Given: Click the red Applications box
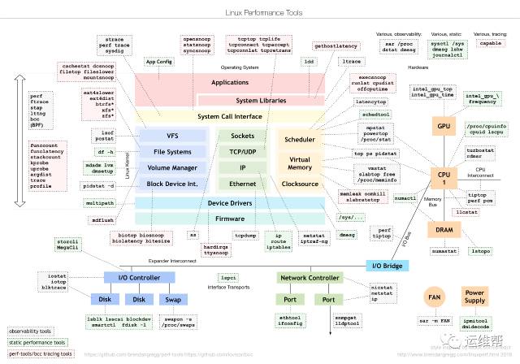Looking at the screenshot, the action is (230, 82).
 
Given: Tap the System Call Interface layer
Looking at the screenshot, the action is (230, 116).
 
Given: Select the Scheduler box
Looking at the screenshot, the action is (299, 140).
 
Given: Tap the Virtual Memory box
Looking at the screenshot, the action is (299, 162).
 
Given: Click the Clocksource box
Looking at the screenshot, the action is (299, 184).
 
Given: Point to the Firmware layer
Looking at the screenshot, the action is (230, 219).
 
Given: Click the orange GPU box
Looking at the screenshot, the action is (443, 128).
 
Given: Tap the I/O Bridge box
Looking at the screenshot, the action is (388, 266).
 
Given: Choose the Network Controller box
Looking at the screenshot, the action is (310, 278).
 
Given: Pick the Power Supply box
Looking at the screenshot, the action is (474, 297).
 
